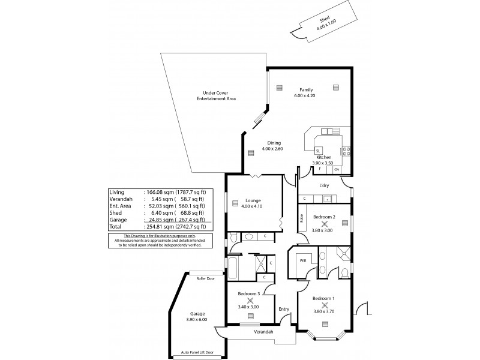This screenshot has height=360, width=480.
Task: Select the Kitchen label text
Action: click(324, 157)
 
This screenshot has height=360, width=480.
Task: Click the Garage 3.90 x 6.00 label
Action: click(197, 317)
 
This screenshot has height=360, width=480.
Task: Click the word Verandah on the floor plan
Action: click(263, 332)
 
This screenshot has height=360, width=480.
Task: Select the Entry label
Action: click(284, 309)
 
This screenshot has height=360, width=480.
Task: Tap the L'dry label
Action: click(325, 185)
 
